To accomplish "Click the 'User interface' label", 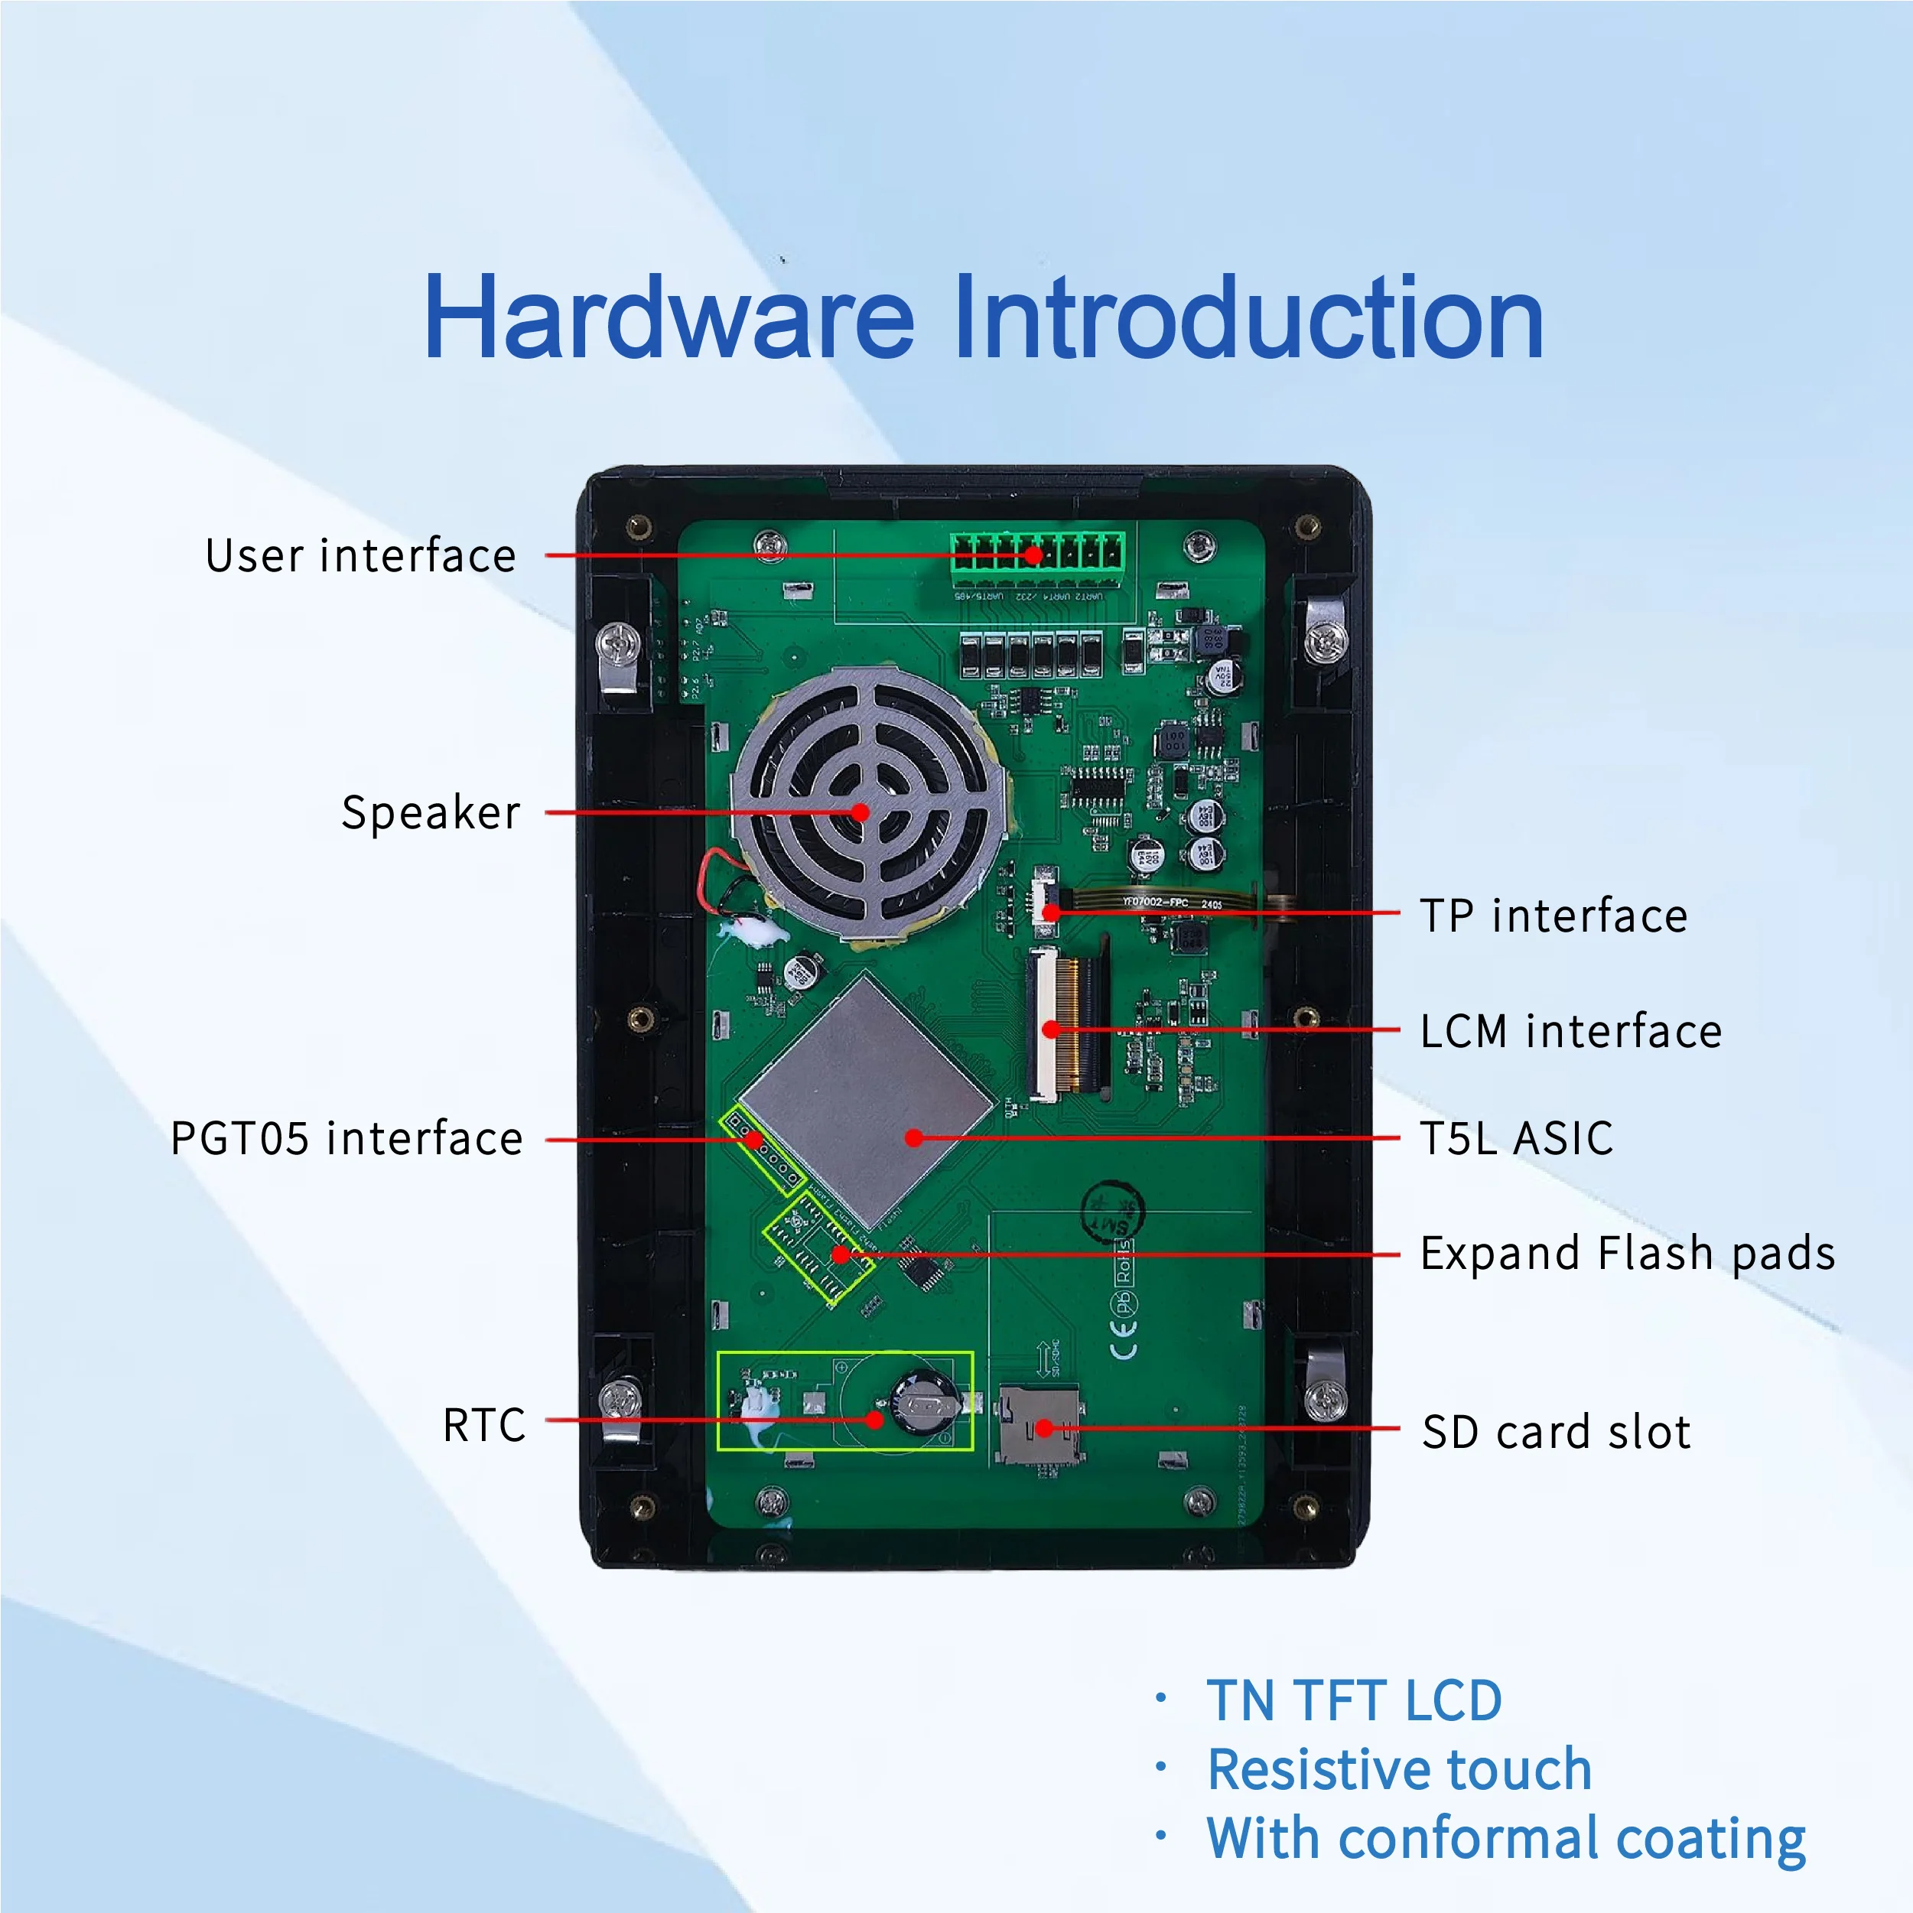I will tap(360, 555).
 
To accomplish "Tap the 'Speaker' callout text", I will tap(431, 813).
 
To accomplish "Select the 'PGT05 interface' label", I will tap(346, 1139).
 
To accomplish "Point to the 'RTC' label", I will tap(483, 1425).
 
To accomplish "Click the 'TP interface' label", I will tap(1553, 916).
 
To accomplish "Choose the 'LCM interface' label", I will tap(1570, 1031).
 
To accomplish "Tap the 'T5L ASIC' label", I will tap(1516, 1139).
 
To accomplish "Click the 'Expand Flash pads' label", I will tap(1627, 1254).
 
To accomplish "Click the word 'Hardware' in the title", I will tap(669, 318).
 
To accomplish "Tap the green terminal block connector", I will tap(1038, 551).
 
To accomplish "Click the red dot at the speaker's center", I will tap(861, 813).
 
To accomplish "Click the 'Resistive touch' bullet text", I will tap(1399, 1769).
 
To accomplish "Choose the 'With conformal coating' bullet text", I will tap(1505, 1839).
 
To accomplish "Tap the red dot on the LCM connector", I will tap(1052, 1030).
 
